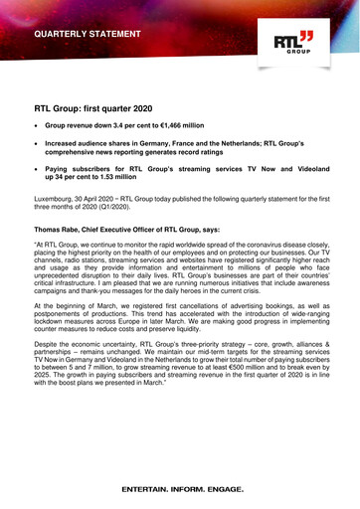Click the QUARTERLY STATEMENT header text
(88, 34)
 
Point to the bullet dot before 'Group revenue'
(37, 127)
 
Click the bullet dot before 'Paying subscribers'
(37, 169)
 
